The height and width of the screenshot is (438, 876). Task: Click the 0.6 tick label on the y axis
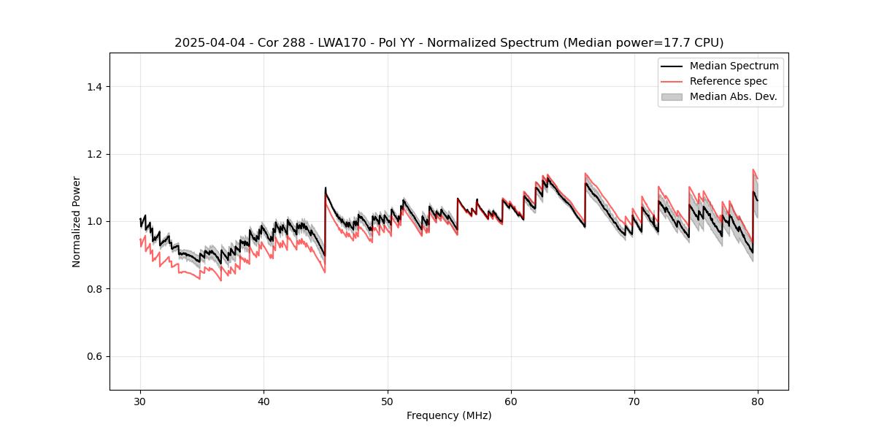pos(94,356)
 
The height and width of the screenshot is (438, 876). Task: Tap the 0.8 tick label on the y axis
pos(94,289)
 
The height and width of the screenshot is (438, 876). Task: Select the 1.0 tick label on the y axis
pos(94,221)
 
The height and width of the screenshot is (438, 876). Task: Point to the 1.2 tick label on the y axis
pos(94,154)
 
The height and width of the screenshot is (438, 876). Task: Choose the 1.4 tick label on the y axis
pos(94,87)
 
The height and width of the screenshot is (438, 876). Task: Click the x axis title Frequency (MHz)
pos(449,415)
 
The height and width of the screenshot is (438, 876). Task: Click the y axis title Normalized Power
pos(77,221)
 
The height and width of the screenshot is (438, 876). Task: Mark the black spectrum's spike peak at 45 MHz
pos(326,188)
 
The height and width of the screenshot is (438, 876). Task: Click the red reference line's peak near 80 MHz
pos(753,169)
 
